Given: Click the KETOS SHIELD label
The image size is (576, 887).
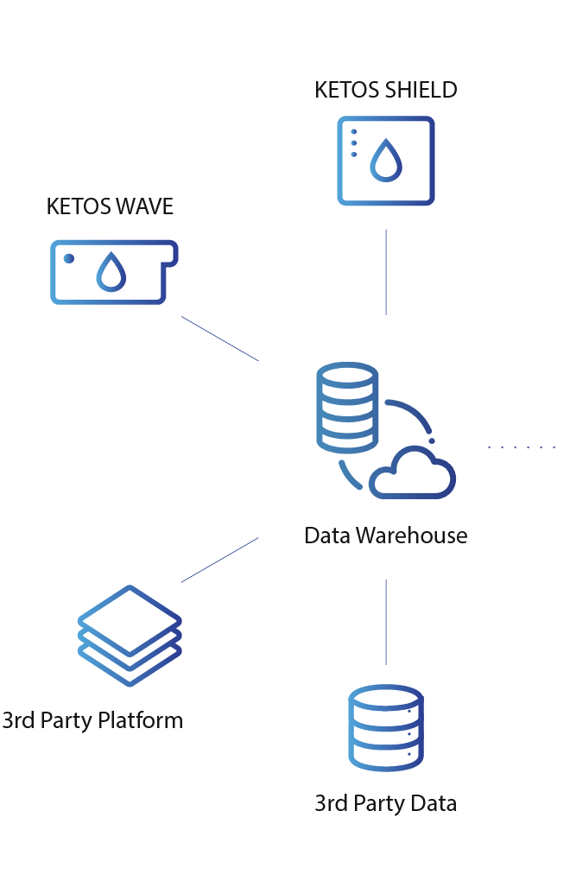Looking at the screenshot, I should [385, 90].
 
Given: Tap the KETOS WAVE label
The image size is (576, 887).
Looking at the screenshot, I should [110, 207].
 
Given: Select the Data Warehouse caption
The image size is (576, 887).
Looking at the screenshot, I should [385, 535].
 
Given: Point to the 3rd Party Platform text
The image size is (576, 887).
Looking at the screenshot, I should [92, 720].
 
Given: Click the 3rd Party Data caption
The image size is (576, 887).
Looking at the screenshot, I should [385, 803].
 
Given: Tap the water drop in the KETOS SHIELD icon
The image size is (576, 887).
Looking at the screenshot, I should [386, 160].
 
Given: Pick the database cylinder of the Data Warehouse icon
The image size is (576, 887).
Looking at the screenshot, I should [347, 408].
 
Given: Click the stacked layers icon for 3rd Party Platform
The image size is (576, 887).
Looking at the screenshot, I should [130, 635].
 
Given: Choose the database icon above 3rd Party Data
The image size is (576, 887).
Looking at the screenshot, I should [385, 727].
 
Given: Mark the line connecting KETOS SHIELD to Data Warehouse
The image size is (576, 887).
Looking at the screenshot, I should [385, 271].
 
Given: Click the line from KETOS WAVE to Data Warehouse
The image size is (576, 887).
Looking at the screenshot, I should [219, 339].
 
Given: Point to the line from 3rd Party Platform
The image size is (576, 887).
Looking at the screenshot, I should [219, 560].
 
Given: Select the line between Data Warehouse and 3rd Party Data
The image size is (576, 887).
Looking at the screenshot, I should [385, 621].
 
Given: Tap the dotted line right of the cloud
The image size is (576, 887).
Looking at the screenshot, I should [522, 447].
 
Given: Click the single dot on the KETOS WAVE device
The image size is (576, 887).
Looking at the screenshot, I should [70, 258].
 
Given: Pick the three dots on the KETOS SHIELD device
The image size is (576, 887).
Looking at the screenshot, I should [353, 143].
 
